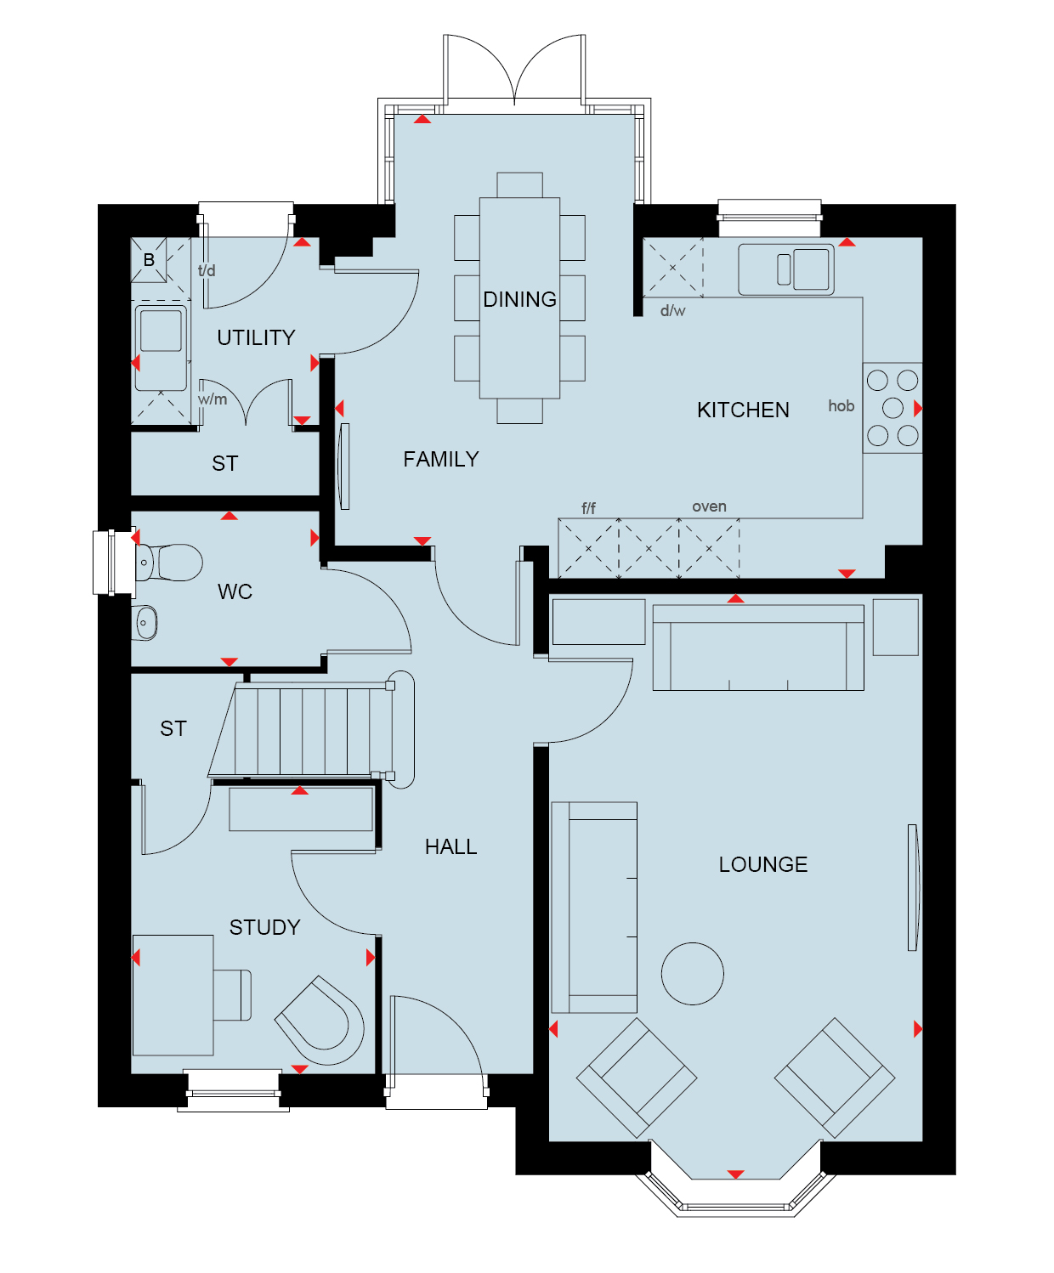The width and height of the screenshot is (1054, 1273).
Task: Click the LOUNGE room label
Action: point(762,864)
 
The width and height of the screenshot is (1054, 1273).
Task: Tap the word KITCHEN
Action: point(743,410)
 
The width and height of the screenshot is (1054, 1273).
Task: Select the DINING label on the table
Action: point(519,299)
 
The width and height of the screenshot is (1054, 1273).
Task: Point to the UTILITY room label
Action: point(256,337)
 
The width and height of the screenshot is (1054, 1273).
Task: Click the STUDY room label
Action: point(264,927)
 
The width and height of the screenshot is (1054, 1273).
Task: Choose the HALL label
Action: point(450,847)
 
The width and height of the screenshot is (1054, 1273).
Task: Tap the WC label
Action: point(235,592)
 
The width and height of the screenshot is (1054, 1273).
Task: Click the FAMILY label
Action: point(441,459)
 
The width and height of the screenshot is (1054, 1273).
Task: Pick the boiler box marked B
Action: point(149,260)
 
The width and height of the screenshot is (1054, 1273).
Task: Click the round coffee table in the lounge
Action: point(692,974)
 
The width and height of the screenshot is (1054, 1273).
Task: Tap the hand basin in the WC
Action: point(144,622)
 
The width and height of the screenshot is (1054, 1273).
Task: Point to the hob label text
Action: point(841,406)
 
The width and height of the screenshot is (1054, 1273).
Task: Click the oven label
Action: point(710,506)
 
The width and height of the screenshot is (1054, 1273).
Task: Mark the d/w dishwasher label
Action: point(673,311)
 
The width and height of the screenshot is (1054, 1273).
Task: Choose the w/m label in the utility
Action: point(212,399)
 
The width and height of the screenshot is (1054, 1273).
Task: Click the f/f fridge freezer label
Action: point(588,508)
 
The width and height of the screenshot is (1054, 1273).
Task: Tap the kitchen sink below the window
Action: point(786,269)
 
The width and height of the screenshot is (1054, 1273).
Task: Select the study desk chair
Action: point(232,995)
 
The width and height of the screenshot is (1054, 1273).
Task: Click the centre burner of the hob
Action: point(892,408)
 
